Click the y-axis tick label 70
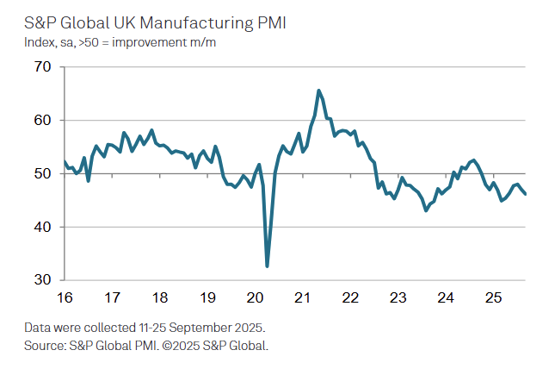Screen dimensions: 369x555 43,67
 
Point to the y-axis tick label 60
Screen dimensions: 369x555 43,121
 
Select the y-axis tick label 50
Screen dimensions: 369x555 43,174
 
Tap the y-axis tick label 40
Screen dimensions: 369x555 43,228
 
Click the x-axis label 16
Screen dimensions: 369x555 65,298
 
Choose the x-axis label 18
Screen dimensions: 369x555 159,298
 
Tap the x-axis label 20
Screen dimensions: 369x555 255,298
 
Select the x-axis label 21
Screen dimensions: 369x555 302,298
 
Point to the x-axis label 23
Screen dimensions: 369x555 398,298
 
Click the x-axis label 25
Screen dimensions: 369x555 492,298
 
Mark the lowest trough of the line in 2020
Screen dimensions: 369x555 267,266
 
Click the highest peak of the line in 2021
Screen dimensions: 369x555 319,91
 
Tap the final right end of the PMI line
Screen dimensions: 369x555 526,194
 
